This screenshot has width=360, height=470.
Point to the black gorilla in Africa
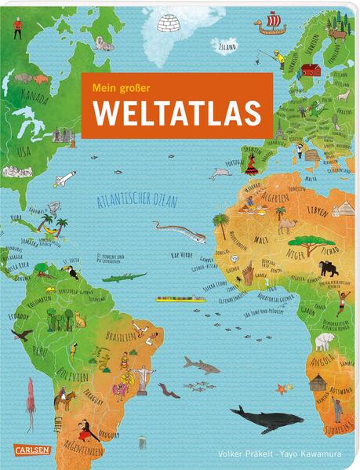point(328,269)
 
